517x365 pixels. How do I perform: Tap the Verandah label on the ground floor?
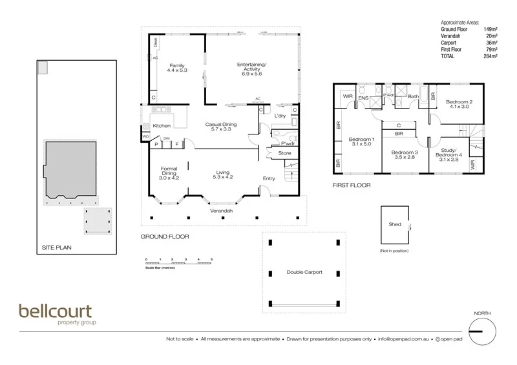coord(220,211)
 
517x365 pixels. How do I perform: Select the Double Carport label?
coord(304,273)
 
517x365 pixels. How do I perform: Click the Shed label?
coord(395,224)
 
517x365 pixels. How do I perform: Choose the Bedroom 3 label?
coord(405,155)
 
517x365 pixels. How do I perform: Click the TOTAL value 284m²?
coord(489,56)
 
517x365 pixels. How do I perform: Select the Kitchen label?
coord(161,126)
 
